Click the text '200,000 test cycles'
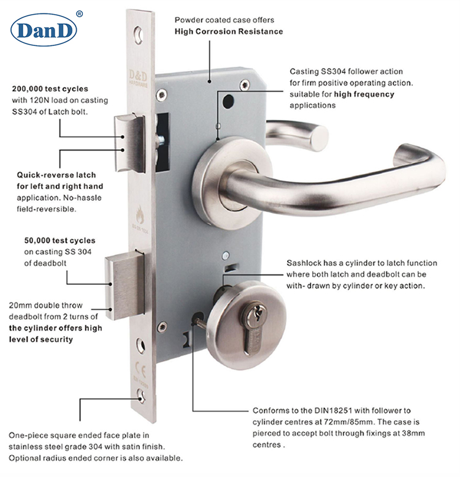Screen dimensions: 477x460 click(x=50, y=88)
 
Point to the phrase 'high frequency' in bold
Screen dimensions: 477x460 click(x=364, y=94)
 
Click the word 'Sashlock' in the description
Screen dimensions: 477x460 click(x=304, y=263)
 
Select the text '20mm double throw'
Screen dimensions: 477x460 click(x=44, y=305)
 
